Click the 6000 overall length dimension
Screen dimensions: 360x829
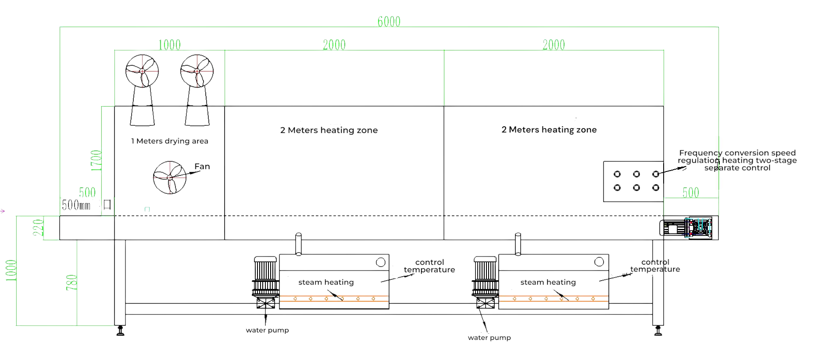pyautogui.click(x=389, y=21)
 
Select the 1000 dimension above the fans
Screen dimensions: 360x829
pyautogui.click(x=169, y=45)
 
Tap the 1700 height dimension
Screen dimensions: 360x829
pyautogui.click(x=96, y=160)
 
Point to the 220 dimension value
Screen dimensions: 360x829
pyautogui.click(x=39, y=228)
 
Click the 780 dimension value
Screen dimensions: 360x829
pyautogui.click(x=71, y=282)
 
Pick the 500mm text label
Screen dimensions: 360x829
pyautogui.click(x=76, y=205)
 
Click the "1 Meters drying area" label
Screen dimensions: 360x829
pyautogui.click(x=169, y=141)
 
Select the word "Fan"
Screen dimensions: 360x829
pyautogui.click(x=202, y=167)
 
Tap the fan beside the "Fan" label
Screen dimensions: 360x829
pyautogui.click(x=169, y=177)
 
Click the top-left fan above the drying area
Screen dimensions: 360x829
pyautogui.click(x=142, y=71)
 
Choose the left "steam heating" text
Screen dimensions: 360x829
pyautogui.click(x=326, y=282)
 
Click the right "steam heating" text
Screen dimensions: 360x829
pyautogui.click(x=548, y=282)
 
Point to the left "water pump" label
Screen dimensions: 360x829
pyautogui.click(x=267, y=330)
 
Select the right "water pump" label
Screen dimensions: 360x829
pyautogui.click(x=489, y=338)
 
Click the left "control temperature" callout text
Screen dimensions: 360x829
pyautogui.click(x=429, y=266)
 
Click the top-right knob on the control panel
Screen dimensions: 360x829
pyautogui.click(x=655, y=174)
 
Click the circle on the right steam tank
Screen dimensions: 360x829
pyautogui.click(x=599, y=262)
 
